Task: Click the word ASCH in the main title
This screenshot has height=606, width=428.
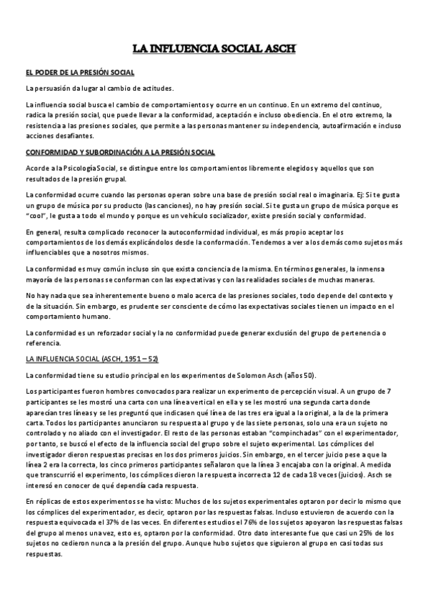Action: pyautogui.click(x=279, y=49)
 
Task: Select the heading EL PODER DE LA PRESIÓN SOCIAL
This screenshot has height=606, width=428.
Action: pyautogui.click(x=79, y=73)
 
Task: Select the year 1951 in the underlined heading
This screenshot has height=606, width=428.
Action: pyautogui.click(x=129, y=359)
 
